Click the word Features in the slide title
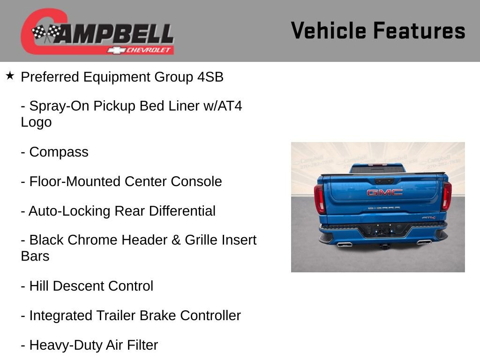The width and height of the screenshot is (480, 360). point(419,31)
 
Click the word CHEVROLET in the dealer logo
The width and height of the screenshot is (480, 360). point(150,50)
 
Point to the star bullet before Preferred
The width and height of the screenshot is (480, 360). point(10,75)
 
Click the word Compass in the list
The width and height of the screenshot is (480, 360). point(59,152)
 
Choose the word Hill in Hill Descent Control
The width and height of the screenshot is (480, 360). point(39,286)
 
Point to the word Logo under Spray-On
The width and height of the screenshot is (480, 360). point(36,122)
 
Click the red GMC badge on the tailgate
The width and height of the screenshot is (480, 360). point(384,192)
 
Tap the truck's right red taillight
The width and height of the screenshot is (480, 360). point(447,196)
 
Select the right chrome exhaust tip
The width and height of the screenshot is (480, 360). point(423,241)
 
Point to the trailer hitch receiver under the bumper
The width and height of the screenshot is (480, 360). point(384,245)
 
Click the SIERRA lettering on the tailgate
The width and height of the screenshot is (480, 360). point(384,208)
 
